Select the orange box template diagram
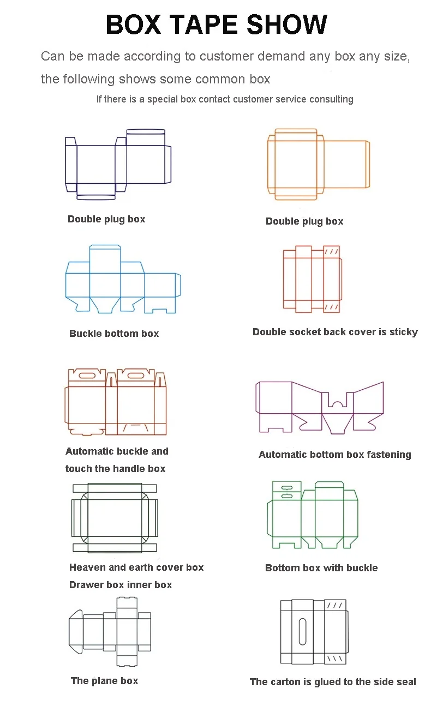(x=318, y=164)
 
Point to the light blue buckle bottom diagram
(x=122, y=280)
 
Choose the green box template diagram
(x=313, y=515)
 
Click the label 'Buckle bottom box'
(x=114, y=334)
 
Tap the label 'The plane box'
(x=104, y=681)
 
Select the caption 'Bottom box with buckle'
(x=321, y=568)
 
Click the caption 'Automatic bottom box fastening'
(x=334, y=455)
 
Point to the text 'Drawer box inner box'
(x=121, y=585)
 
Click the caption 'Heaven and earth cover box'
(x=136, y=567)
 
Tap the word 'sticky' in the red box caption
(x=404, y=332)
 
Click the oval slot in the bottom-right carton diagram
(x=303, y=631)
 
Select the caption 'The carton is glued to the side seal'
(x=333, y=682)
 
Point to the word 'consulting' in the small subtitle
(x=331, y=99)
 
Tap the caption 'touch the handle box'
(x=115, y=469)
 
